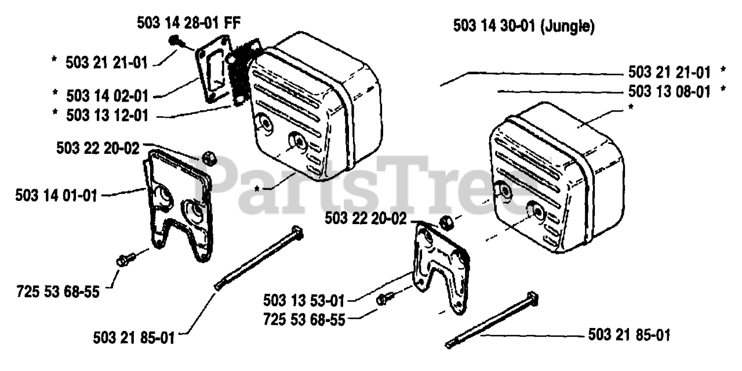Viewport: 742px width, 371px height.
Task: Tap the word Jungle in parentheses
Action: pos(568,26)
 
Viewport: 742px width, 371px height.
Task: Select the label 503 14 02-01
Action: pos(107,96)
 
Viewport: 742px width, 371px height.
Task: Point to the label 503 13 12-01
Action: pos(107,115)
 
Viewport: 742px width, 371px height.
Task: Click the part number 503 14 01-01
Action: pos(56,196)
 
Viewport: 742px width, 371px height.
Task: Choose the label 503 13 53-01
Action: pos(304,300)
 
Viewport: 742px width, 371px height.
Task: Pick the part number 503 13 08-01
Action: pos(669,92)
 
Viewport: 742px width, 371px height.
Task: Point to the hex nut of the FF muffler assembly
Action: pos(209,158)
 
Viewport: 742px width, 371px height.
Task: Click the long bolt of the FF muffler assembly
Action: pos(259,258)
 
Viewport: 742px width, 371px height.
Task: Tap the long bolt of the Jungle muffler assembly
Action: pos(491,320)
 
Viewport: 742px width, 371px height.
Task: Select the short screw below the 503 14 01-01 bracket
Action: pos(126,259)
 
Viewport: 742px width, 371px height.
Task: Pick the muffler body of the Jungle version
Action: pos(556,178)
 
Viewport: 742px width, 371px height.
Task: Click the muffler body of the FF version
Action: pos(315,106)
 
